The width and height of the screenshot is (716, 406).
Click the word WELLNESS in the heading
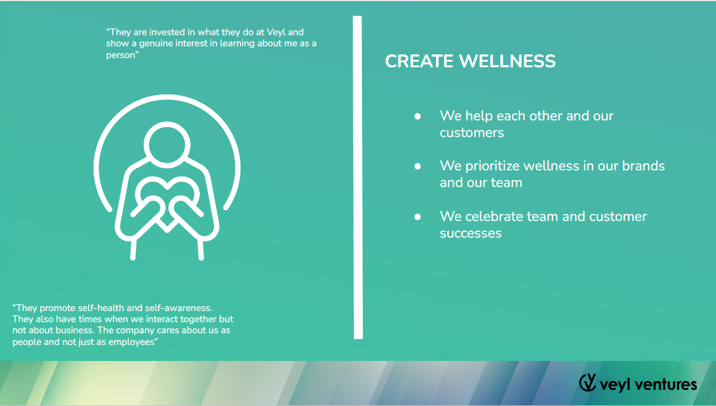coord(507,61)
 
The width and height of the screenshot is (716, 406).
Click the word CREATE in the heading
coord(419,61)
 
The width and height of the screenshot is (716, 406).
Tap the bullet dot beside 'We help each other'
coord(418,117)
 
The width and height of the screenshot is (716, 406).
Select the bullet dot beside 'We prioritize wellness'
coord(418,166)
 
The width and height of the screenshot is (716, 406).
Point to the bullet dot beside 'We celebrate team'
coord(418,217)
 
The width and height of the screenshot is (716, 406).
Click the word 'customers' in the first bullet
coord(472,133)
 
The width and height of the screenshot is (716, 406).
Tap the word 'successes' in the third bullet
coord(471,233)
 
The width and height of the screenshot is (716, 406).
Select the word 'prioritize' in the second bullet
coord(492,166)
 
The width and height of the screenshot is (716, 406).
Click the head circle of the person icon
coord(167,144)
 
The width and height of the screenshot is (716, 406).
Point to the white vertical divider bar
coord(358,177)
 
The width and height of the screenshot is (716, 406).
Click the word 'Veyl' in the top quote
coord(276,33)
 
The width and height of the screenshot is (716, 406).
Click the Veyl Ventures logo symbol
coord(588,383)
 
